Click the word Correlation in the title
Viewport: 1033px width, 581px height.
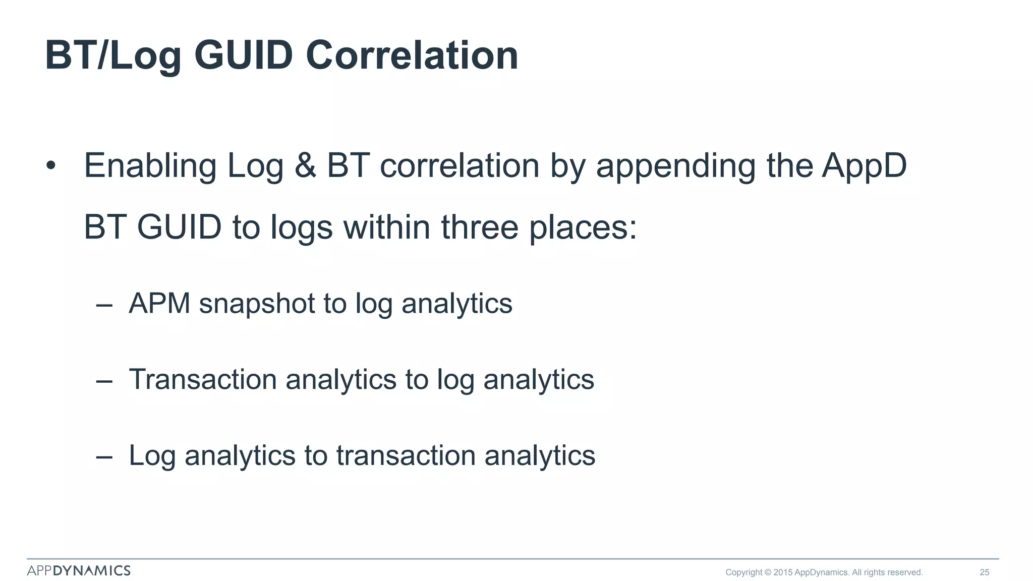(x=412, y=55)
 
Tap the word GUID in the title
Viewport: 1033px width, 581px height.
(x=243, y=55)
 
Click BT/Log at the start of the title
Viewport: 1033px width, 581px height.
(x=113, y=56)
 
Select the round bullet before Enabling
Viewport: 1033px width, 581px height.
(x=50, y=165)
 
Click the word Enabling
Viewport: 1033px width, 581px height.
(x=150, y=166)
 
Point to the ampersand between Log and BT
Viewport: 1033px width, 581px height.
(x=305, y=165)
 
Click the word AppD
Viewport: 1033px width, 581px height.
(x=864, y=166)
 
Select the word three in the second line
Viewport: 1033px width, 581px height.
(x=480, y=227)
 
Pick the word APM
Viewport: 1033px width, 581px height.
(x=159, y=304)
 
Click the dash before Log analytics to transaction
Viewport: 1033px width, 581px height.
(x=104, y=456)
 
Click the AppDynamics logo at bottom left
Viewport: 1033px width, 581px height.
(x=79, y=570)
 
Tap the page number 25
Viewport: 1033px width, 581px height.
(x=984, y=572)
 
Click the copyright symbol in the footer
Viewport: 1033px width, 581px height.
(x=768, y=572)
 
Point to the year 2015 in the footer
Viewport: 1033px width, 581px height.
(x=783, y=572)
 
